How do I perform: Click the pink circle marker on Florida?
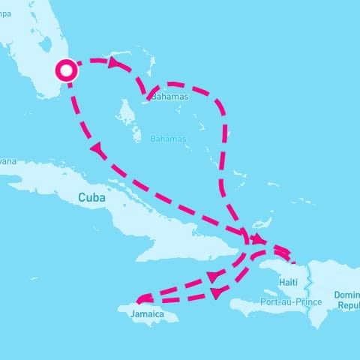pyautogui.click(x=67, y=70)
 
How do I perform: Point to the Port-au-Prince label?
pyautogui.click(x=291, y=301)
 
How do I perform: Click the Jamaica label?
pyautogui.click(x=147, y=313)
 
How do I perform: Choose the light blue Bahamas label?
pyautogui.click(x=167, y=139)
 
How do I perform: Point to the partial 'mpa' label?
pyautogui.click(x=6, y=13)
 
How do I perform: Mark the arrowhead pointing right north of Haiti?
pyautogui.click(x=258, y=240)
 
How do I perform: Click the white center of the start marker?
pyautogui.click(x=67, y=70)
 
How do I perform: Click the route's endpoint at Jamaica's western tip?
pyautogui.click(x=139, y=301)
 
